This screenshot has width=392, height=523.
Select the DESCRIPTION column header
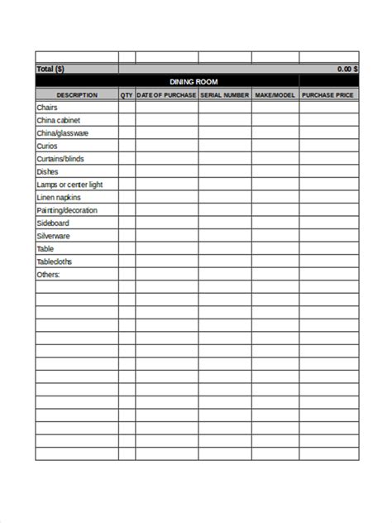pos(76,95)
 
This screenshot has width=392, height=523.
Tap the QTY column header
pos(127,95)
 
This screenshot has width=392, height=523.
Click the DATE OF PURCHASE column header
pos(167,95)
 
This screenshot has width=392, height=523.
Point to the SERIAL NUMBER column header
pos(224,95)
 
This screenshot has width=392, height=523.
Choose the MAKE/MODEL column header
pos(275,95)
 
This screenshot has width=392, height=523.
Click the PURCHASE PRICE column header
pos(328,95)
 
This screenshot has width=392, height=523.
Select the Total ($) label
pos(50,70)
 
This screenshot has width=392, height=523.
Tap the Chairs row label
pos(46,108)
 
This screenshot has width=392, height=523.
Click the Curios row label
pos(46,146)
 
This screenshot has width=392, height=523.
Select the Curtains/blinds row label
pos(60,159)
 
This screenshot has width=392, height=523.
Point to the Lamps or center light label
pos(69,185)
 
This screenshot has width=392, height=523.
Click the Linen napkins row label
pos(59,198)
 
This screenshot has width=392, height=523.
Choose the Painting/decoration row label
pos(66,210)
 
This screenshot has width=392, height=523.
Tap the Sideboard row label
pos(52,223)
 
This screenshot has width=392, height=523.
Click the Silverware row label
pos(54,236)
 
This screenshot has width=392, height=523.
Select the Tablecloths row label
pos(55,261)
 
